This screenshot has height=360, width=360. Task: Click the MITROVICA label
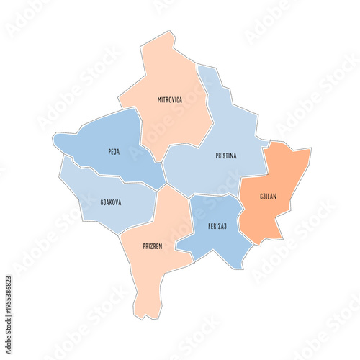click(x=170, y=100)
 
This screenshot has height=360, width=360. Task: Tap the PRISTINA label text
click(x=226, y=156)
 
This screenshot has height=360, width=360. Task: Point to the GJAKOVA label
click(x=111, y=202)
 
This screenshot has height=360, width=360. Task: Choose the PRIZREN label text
click(x=152, y=246)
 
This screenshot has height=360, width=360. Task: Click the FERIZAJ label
click(x=217, y=225)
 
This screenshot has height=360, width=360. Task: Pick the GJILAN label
click(x=269, y=197)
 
